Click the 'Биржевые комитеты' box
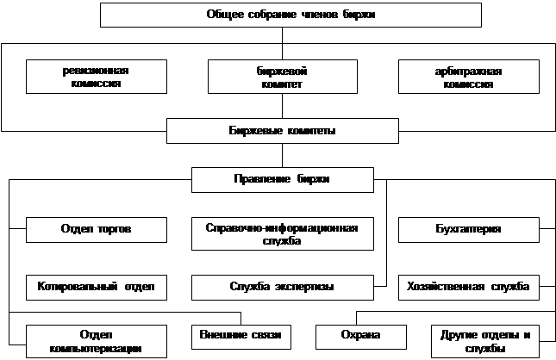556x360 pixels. pyautogui.click(x=282, y=131)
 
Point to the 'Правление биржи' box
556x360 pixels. pyautogui.click(x=282, y=179)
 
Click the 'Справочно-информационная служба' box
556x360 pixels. pyautogui.click(x=282, y=234)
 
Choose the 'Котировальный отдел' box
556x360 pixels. pyautogui.click(x=95, y=286)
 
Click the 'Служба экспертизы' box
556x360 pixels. pyautogui.click(x=282, y=286)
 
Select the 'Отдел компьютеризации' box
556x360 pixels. pyautogui.click(x=95, y=340)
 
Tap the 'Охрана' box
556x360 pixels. pyautogui.click(x=359, y=334)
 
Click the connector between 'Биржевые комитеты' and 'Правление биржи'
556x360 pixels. pyautogui.click(x=282, y=155)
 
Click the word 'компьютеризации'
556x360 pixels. pyautogui.click(x=96, y=347)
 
